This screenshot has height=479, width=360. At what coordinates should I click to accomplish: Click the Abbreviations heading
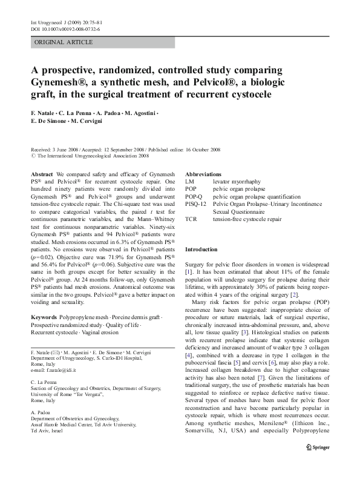pos(203,173)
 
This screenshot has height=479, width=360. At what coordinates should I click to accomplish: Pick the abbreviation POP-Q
pos(195,197)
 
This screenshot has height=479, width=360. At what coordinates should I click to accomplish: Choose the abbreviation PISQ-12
pos(197,205)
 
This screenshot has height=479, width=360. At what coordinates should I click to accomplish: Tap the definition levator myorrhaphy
pos(243,181)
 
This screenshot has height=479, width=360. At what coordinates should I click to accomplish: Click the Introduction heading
pos(201,249)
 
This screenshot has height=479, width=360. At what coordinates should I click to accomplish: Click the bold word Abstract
pos(42,173)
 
